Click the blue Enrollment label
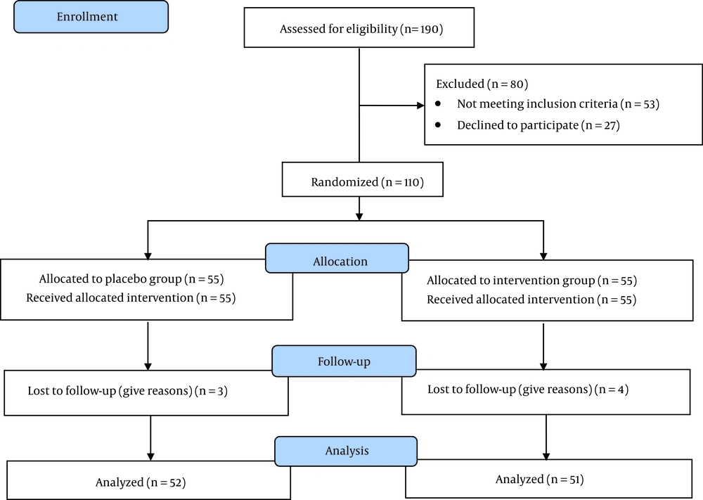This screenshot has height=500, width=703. [x=91, y=17]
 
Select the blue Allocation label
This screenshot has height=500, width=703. [x=337, y=258]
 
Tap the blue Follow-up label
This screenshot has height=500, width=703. [x=344, y=361]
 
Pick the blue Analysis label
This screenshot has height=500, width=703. [x=346, y=451]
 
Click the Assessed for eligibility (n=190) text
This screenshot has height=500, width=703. [x=361, y=29]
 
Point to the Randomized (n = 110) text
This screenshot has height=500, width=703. [x=368, y=182]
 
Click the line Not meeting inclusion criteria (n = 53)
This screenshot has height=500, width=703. [x=558, y=104]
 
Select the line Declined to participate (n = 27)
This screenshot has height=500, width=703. [x=538, y=125]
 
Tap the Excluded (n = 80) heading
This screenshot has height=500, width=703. [x=482, y=84]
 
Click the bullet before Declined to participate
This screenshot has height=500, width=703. [x=438, y=124]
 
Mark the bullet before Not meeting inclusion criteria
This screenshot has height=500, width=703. [x=438, y=103]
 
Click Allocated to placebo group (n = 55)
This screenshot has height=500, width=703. [x=131, y=279]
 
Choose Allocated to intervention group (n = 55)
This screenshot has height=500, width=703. [x=531, y=281]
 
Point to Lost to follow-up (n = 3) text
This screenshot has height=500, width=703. [x=128, y=391]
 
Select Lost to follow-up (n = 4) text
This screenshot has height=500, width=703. [x=528, y=389]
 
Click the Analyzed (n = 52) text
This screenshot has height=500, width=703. [x=141, y=482]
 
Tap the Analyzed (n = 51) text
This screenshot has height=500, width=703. [x=540, y=480]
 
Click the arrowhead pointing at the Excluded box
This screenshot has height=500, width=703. [x=420, y=105]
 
